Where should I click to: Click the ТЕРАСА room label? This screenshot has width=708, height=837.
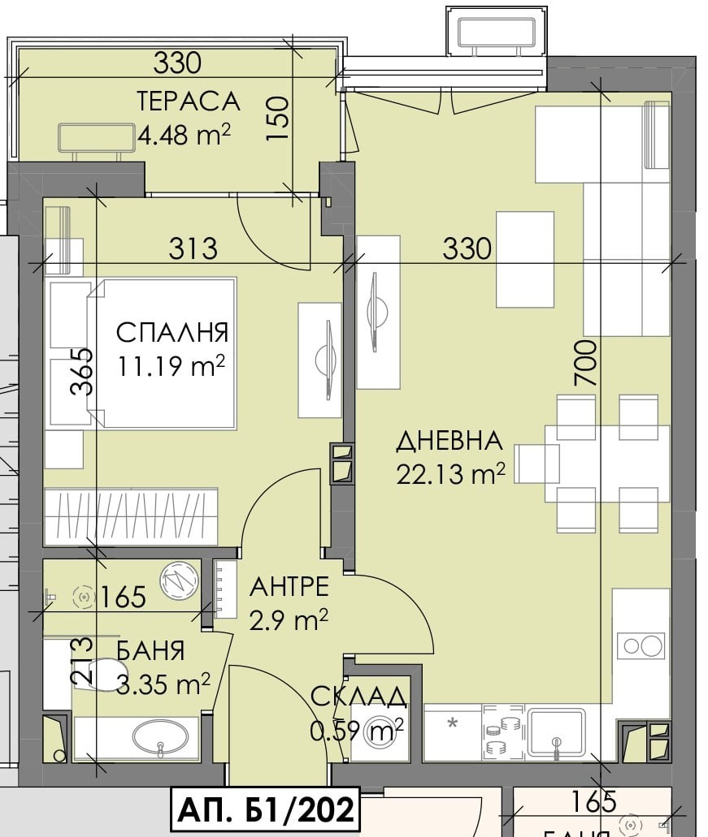coord(188,101)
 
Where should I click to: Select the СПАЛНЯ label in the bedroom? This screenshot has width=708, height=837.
coord(172,333)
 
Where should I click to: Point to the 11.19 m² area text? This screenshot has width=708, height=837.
coord(173,367)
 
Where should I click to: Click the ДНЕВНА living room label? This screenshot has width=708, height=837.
coord(450,442)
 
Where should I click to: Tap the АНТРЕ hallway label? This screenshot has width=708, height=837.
coord(289,586)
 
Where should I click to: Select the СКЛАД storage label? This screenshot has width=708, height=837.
coord(358,697)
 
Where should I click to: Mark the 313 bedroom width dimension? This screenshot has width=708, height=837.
coord(193,248)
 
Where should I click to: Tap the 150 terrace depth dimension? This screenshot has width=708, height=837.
coord(278,119)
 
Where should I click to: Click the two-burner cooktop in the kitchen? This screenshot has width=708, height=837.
coord(641,646)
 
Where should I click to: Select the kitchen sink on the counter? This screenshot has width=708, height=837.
coord(557,734)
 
